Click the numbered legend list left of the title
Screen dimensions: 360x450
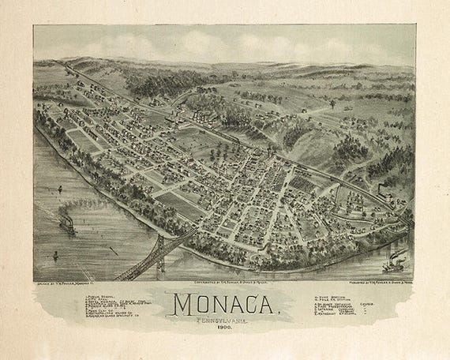pos(111,306)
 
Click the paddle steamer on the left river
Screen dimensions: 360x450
pos(68,226)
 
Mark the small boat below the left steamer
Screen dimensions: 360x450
pos(55,255)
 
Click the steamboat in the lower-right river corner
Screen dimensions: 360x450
pos(395,263)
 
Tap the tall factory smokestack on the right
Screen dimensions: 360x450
pos(380,192)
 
